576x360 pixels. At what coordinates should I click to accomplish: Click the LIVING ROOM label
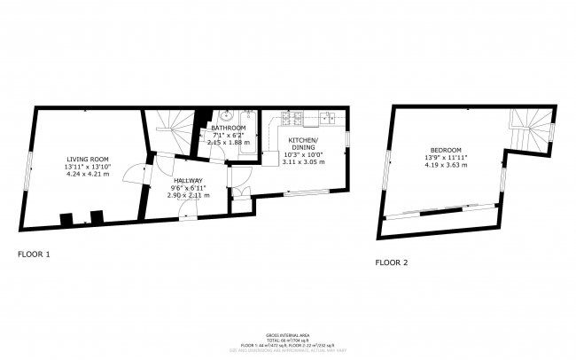coord(87,160)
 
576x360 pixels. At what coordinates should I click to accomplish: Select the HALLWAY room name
coord(188,181)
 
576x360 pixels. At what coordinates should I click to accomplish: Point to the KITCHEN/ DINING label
coord(303,145)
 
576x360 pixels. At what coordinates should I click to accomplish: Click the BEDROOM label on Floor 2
coord(446,150)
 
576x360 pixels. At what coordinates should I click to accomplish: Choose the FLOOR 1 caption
coord(35,254)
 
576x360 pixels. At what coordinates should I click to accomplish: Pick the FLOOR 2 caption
coord(392,262)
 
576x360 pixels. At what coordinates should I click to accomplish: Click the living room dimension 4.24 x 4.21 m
coord(87,175)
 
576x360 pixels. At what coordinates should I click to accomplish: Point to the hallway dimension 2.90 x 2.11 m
coord(188,195)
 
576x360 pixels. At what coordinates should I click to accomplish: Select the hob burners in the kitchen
coord(293,116)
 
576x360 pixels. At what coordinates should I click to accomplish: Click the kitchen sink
coord(325,115)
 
